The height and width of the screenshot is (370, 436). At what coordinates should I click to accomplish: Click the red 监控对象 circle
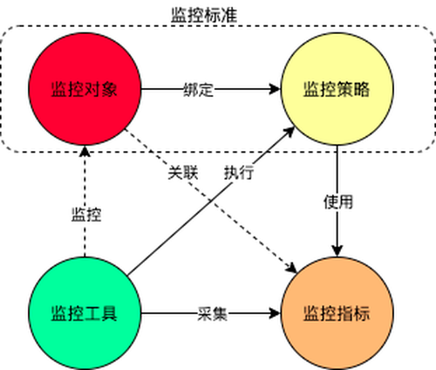coord(85,89)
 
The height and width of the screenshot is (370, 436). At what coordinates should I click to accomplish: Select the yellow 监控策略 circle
coord(337,89)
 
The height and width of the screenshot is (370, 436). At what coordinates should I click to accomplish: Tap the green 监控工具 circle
coord(85,313)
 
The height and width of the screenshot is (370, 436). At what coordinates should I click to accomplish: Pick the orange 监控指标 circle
coord(337,313)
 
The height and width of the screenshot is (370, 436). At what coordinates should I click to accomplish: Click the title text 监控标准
coord(204,15)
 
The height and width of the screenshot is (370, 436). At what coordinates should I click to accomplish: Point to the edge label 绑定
coord(199,90)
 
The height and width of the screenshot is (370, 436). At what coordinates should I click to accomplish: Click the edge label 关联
coord(183,173)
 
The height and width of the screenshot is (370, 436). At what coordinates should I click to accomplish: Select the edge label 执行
coord(239,173)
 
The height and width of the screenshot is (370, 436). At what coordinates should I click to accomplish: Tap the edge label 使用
coord(338,202)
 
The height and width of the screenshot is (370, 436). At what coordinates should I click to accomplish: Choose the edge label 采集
coord(212,314)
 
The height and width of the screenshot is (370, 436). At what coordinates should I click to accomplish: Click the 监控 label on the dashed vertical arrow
coord(86,215)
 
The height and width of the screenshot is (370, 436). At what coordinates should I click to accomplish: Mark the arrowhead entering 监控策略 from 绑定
coord(275,89)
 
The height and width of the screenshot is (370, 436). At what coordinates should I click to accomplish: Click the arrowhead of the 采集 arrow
coord(275,313)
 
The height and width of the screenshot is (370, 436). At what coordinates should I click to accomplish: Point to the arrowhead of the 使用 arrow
coord(337,251)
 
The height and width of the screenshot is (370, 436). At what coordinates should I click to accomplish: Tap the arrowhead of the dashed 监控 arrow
coord(85,151)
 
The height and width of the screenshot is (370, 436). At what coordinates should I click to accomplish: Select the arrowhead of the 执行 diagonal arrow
coord(290,132)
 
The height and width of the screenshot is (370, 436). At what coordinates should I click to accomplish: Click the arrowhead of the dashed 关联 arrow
coord(291,268)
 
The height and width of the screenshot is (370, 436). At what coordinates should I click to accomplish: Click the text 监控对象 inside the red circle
coord(85,89)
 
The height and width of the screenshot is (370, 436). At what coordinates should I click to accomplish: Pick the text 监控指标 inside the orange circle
coord(337,314)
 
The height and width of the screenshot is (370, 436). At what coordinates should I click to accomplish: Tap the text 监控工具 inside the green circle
coord(85,314)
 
